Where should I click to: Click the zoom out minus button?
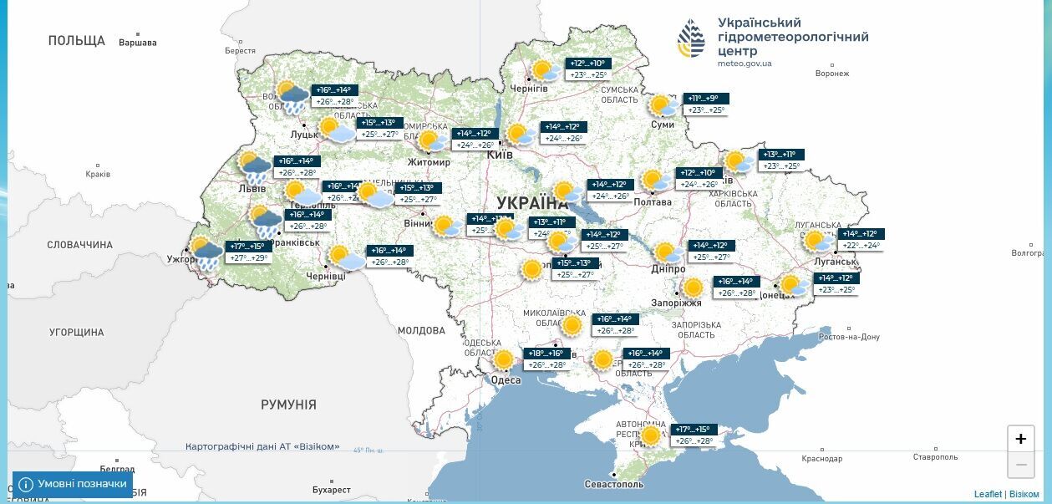tap(1020, 465)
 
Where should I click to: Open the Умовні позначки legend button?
tap(73, 484)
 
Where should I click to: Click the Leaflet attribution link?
tap(988, 494)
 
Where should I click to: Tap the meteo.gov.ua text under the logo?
tap(745, 64)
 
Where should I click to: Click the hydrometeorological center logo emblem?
tap(691, 38)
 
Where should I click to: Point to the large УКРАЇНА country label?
tap(532, 203)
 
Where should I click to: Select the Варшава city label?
tap(137, 43)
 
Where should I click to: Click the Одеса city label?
tap(506, 380)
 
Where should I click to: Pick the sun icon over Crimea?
tap(650, 435)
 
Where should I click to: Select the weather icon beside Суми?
tap(663, 106)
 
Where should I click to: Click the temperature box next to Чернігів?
tap(588, 69)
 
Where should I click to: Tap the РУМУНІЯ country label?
tap(288, 405)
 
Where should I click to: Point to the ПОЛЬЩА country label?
tap(77, 41)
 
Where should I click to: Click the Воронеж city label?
tap(831, 74)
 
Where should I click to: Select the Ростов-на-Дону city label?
tap(849, 337)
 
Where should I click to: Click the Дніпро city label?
tap(668, 269)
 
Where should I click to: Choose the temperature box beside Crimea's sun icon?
tap(694, 435)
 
